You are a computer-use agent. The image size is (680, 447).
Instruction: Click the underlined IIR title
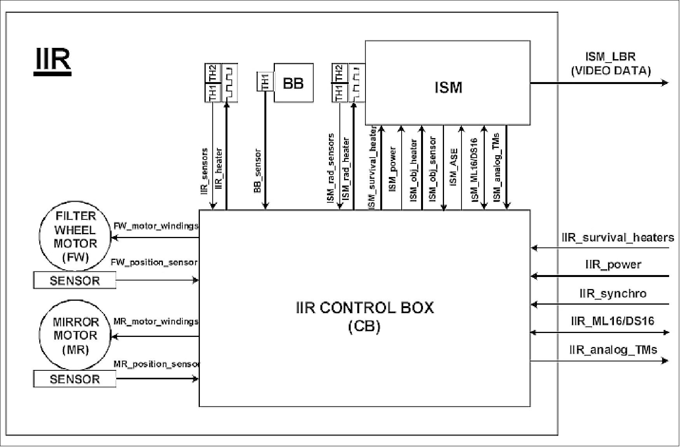52,60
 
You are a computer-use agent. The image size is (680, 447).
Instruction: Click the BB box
294,83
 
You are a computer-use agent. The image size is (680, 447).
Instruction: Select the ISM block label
448,87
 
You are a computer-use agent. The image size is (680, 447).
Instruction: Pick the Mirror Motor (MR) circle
75,335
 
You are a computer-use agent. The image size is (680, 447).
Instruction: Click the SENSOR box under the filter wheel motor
75,280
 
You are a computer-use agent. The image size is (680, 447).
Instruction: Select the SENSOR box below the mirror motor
75,379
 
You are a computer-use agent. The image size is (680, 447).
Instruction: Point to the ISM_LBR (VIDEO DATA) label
610,64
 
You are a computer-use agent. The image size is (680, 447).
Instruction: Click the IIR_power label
613,265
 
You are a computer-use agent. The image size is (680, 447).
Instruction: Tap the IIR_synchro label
613,293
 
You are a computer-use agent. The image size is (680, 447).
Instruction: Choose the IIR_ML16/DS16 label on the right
612,321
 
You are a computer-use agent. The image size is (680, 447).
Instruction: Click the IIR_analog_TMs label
613,350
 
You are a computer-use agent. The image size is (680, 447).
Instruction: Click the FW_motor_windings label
156,226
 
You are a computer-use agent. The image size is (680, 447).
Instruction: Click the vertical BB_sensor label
257,171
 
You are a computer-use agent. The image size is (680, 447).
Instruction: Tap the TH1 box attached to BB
266,82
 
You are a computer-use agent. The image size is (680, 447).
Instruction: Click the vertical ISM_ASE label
453,167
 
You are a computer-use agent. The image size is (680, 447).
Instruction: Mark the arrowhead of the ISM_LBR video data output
665,83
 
